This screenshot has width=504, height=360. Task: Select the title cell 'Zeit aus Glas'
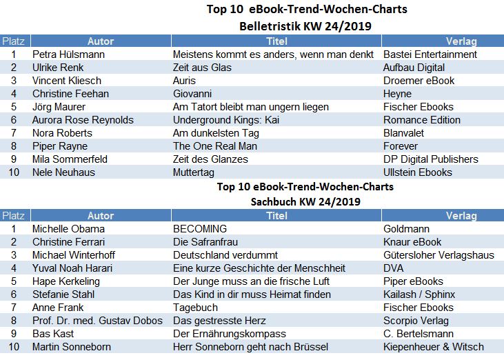coord(202,68)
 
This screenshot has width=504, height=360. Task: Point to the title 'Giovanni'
coord(192,94)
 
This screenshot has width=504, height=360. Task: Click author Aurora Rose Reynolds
coord(83,120)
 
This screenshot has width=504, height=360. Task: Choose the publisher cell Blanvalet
coord(405,133)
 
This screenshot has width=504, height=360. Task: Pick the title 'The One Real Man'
coord(214,146)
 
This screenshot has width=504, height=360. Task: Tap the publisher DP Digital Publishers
coord(430,159)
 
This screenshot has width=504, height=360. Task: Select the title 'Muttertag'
coord(196,172)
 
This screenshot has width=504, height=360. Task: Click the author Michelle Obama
coord(68,229)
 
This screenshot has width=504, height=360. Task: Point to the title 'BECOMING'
coord(199,229)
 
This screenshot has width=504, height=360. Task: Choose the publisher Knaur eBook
coord(412,242)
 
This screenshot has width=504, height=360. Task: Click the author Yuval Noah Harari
coord(75,268)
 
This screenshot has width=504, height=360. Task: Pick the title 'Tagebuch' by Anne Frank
coord(194,308)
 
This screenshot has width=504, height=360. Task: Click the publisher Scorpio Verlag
coord(416,321)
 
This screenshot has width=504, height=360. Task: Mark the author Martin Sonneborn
coord(71,347)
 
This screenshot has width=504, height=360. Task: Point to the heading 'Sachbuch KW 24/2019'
coord(305,201)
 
